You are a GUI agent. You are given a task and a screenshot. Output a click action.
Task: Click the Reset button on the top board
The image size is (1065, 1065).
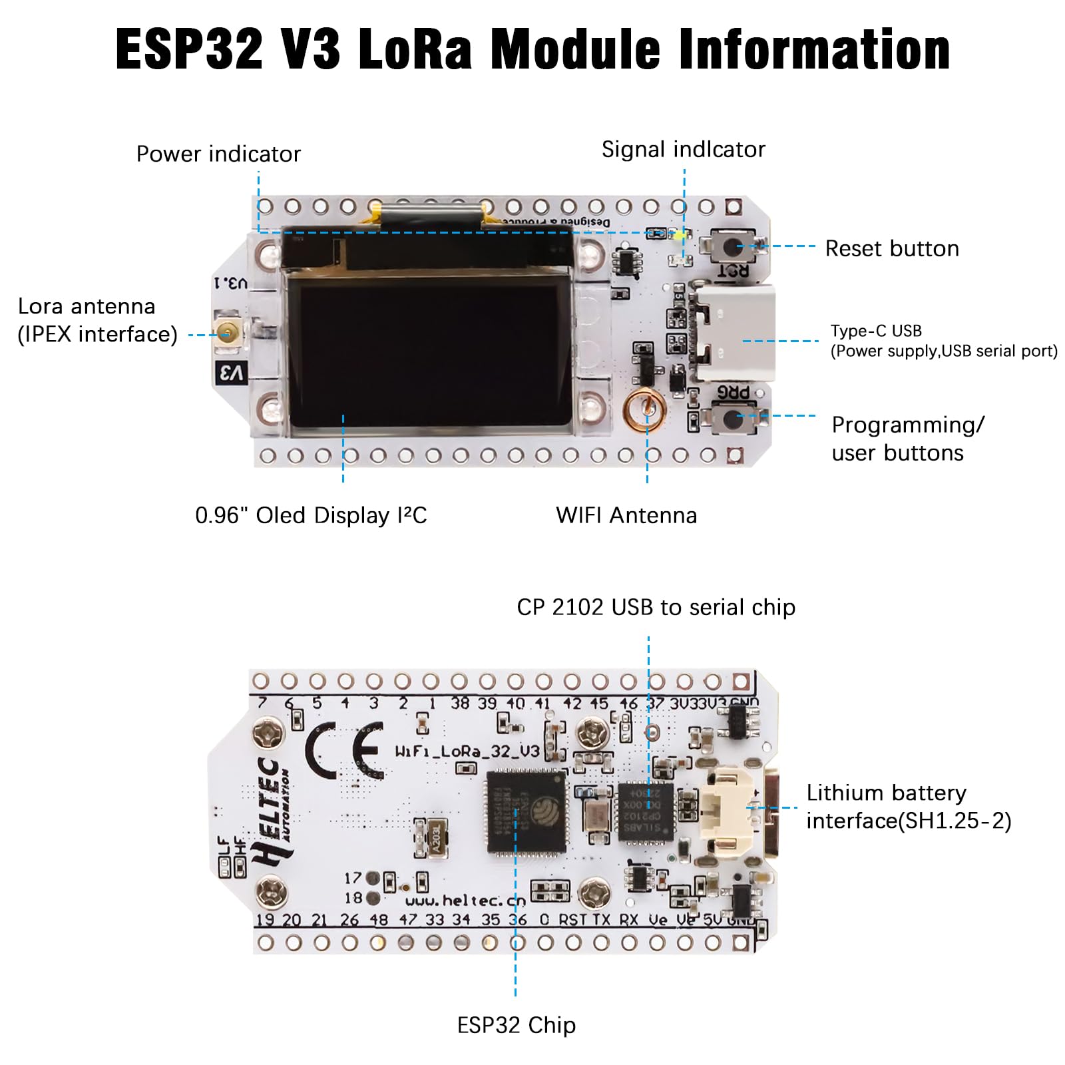tap(731, 246)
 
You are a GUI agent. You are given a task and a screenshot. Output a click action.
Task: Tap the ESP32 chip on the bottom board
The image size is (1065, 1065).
tap(526, 811)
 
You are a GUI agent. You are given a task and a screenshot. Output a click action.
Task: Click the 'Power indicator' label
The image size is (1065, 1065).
tap(218, 154)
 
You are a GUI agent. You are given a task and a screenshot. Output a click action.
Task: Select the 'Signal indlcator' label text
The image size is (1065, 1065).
tap(683, 150)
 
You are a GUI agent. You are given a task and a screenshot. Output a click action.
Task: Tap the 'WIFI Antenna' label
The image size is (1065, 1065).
tap(626, 516)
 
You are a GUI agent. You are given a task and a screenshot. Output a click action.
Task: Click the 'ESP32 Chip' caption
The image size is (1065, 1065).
tap(516, 1025)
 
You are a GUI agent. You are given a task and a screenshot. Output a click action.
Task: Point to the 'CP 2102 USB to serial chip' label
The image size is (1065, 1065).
tap(656, 607)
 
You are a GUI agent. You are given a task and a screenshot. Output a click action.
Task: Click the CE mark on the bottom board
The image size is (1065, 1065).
tap(345, 751)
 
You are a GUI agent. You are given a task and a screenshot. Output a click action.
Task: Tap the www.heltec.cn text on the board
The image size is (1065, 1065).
tap(465, 901)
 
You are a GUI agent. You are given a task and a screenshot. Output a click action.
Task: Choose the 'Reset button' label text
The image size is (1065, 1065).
tap(892, 249)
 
